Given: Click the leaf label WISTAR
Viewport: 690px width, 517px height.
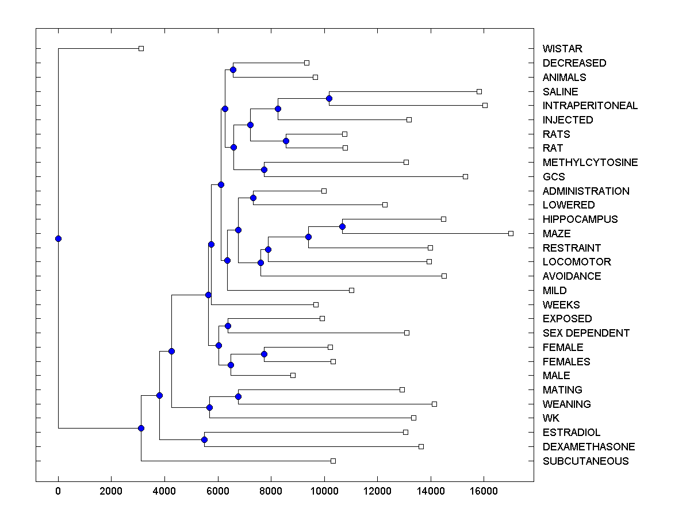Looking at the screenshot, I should point(562,49).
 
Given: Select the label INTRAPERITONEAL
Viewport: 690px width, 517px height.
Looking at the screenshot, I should point(590,106).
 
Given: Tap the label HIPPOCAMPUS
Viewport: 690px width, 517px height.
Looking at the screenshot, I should point(580,219).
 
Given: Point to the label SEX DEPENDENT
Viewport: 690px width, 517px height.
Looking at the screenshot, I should point(586,333).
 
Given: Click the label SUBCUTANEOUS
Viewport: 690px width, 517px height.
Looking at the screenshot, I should point(585,461).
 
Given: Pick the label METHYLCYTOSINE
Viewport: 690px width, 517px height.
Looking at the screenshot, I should point(590,163).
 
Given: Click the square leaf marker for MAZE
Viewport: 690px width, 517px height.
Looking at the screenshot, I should point(511,233).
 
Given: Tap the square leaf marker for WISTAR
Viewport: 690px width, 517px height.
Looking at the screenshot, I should point(141,49).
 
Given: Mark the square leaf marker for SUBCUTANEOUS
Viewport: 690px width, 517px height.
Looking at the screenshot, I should point(333,461).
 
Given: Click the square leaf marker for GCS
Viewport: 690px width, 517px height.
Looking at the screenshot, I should point(465,176).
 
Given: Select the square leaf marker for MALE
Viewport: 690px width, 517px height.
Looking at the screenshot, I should point(293,375).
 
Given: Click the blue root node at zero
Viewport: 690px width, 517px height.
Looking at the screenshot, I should point(58,238).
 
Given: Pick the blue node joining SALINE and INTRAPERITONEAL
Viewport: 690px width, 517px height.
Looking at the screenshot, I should point(329,98).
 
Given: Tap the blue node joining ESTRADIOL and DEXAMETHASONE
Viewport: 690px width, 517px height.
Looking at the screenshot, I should point(204,439).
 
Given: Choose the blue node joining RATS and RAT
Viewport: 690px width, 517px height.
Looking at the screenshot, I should point(286,141).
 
